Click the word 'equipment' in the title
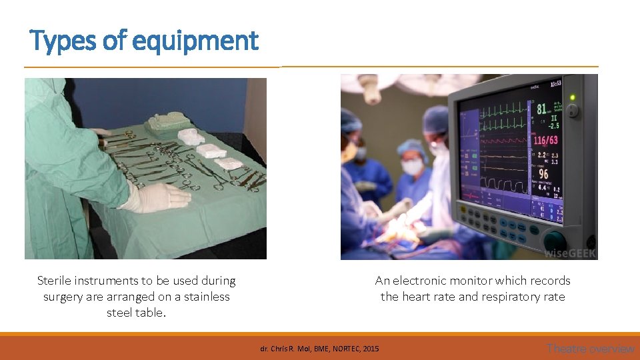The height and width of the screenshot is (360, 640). tap(195, 41)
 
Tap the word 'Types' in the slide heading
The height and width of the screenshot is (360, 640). tap(63, 41)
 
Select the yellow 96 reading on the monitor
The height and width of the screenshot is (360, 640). tap(543, 175)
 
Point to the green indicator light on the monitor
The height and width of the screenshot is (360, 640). tap(572, 97)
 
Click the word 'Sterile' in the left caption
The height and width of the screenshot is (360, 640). tap(55, 281)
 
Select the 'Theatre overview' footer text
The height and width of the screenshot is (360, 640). tap(590, 348)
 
